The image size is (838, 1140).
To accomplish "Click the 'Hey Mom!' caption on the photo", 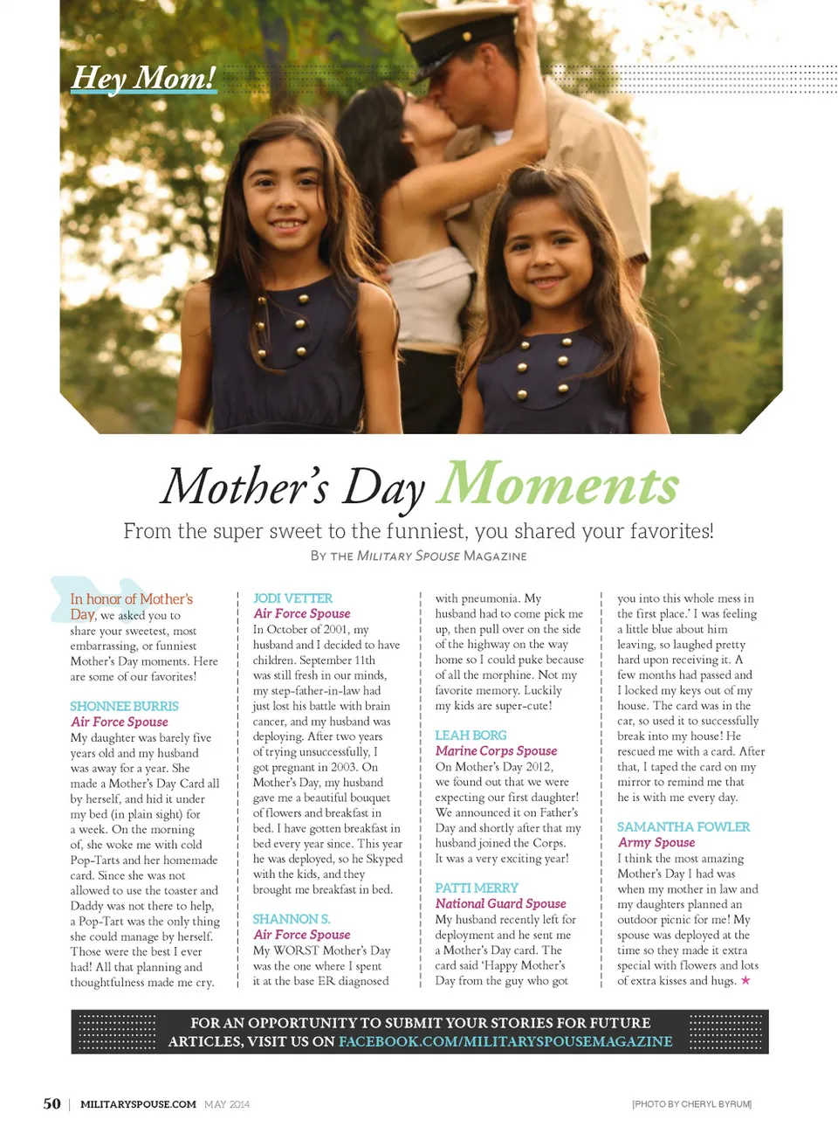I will (x=143, y=78).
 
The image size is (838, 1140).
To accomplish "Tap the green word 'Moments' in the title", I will (x=558, y=484).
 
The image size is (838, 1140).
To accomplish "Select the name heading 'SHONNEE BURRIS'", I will (x=124, y=706).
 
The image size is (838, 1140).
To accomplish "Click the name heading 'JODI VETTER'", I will (x=292, y=598).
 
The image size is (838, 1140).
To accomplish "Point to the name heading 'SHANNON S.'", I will (x=291, y=919).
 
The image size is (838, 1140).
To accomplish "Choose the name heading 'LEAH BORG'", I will (x=471, y=736).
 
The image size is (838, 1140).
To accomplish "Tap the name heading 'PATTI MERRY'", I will (x=476, y=888).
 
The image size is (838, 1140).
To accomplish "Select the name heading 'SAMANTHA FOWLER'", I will (x=683, y=826).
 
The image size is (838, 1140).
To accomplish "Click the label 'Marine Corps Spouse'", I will (x=496, y=750).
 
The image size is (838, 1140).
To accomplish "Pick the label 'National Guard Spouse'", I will (x=500, y=903).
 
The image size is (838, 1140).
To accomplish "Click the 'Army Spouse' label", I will (x=656, y=842).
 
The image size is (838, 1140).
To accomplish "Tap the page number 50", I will (x=52, y=1103).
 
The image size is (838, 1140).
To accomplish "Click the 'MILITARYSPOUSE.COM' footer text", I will (x=138, y=1104).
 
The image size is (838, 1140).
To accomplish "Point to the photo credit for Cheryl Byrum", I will (x=691, y=1104).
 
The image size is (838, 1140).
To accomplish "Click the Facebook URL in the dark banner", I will (x=505, y=1041).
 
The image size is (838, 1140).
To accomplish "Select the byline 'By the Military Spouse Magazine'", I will (x=418, y=556).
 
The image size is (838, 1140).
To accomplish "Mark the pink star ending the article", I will (x=745, y=980).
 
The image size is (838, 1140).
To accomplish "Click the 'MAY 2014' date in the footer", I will (x=227, y=1104).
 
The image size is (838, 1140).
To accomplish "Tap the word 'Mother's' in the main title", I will (x=245, y=486).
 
